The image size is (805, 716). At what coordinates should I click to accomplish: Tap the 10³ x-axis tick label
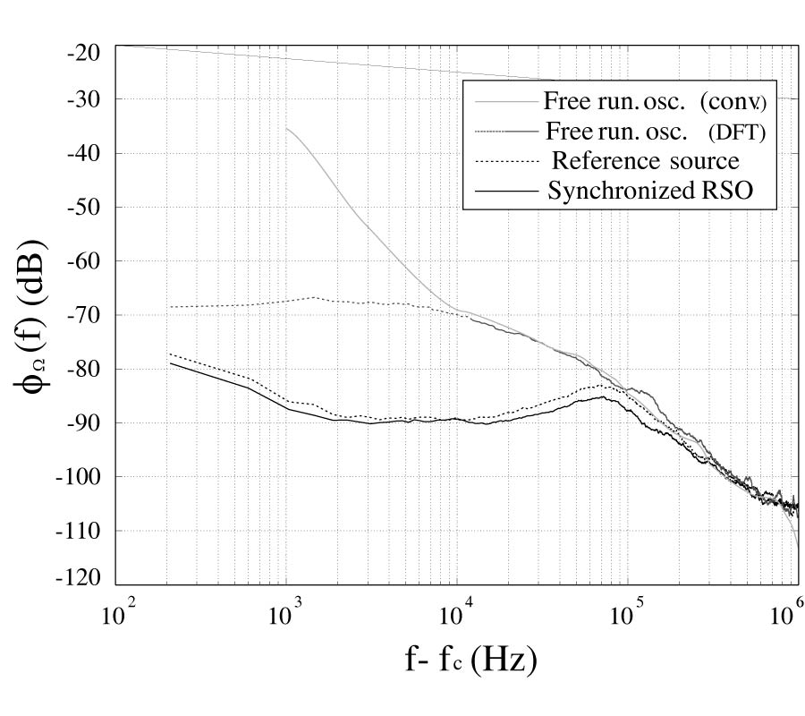click(285, 617)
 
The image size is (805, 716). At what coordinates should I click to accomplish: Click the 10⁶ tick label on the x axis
click(787, 617)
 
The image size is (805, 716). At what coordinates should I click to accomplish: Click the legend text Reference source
click(646, 161)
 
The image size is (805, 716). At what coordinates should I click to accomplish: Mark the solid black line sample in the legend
click(504, 191)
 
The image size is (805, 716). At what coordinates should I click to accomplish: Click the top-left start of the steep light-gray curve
click(286, 128)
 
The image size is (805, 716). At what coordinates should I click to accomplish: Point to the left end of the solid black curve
click(170, 362)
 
